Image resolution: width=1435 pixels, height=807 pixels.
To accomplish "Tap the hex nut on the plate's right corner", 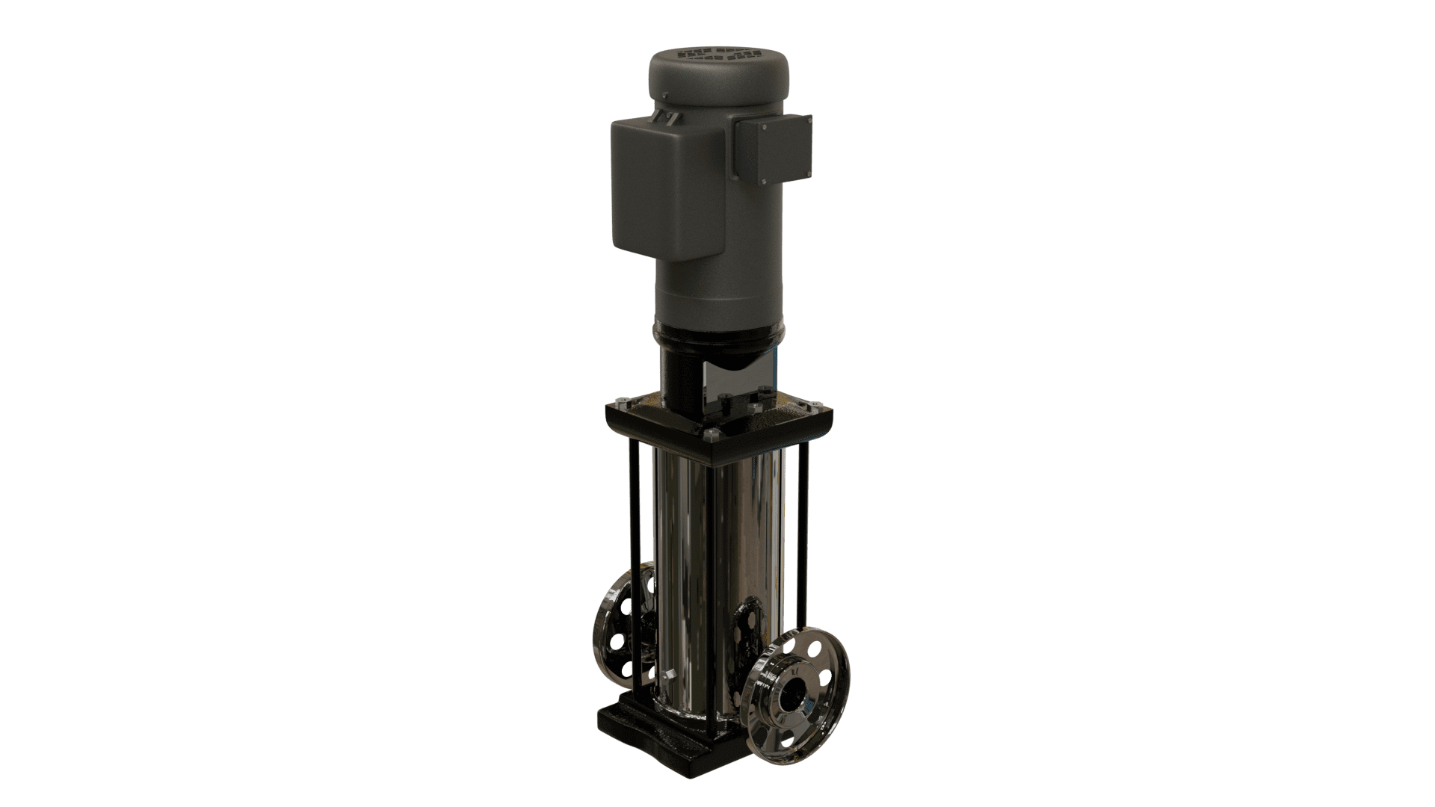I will click(x=807, y=403).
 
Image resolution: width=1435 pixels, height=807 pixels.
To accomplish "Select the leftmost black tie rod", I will click(x=638, y=568).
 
